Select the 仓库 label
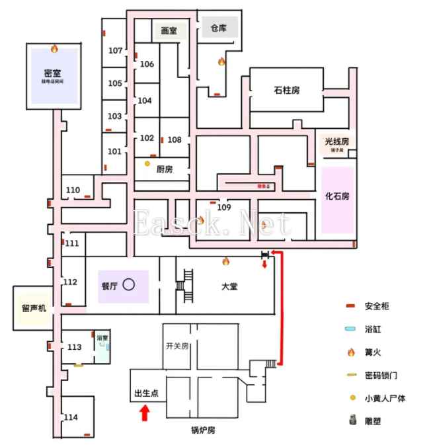(x=219, y=28)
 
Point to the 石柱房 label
(x=286, y=90)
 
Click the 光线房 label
(x=336, y=141)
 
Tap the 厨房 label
(x=165, y=169)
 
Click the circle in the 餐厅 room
(x=129, y=285)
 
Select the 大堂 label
(x=230, y=287)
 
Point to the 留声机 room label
(x=34, y=307)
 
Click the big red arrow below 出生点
(x=145, y=414)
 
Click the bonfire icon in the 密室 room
(x=54, y=48)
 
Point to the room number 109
(x=223, y=208)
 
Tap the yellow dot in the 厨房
(x=147, y=163)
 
